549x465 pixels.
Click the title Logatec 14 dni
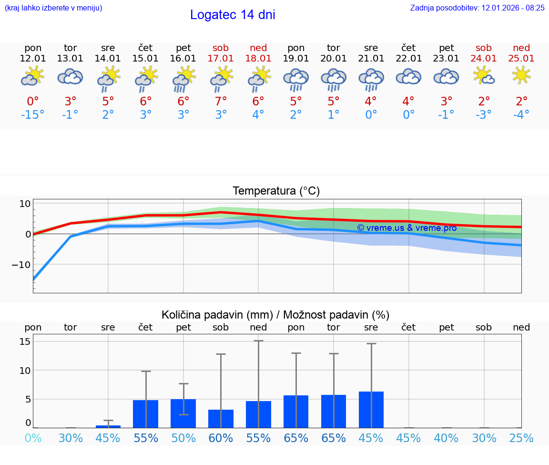click(x=233, y=15)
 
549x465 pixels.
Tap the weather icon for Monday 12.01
click(x=32, y=76)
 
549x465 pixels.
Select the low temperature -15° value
click(x=32, y=115)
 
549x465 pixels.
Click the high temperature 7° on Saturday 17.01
click(x=221, y=102)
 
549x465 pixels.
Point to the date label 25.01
click(x=521, y=59)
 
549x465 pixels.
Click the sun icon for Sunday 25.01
click(x=521, y=75)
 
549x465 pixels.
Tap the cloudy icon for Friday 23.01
click(x=446, y=76)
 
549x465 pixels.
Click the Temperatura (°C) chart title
click(x=276, y=191)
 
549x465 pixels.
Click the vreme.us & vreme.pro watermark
click(x=407, y=228)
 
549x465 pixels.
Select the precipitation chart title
click(x=275, y=315)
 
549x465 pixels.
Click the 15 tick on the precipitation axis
click(x=25, y=341)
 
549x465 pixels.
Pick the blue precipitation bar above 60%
click(x=221, y=419)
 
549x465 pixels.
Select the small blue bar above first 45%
click(x=108, y=426)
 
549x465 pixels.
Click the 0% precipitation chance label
click(x=33, y=438)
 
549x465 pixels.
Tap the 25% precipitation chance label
click(x=521, y=438)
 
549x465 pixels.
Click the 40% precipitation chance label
click(x=446, y=438)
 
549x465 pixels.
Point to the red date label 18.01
click(x=258, y=59)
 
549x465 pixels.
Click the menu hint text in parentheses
click(x=53, y=8)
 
